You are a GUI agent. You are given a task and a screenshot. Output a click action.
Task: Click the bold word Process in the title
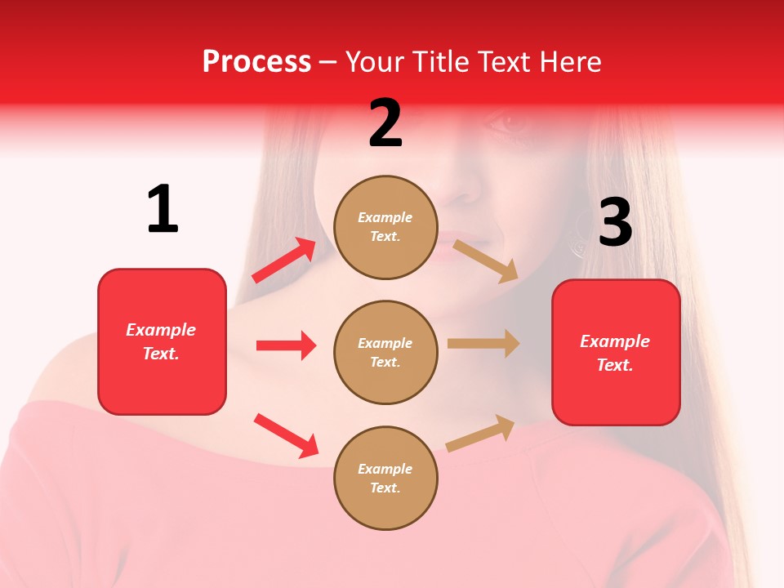click(x=256, y=62)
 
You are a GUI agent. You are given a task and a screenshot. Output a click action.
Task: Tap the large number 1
click(x=163, y=210)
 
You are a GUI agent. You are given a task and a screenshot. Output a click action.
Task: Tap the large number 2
click(x=385, y=123)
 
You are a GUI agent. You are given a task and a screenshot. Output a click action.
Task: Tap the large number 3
click(x=615, y=222)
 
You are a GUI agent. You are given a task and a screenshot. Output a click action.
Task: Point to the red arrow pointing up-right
click(x=284, y=261)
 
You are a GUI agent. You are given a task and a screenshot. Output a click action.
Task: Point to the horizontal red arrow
click(x=286, y=345)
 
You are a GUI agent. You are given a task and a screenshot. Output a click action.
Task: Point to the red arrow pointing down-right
click(x=286, y=435)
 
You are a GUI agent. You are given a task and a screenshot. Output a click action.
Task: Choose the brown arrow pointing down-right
click(x=486, y=261)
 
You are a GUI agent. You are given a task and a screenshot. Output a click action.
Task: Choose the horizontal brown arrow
click(x=483, y=344)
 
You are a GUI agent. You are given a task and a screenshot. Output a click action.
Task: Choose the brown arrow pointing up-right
click(x=481, y=434)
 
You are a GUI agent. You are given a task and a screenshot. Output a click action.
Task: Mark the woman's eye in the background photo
click(x=513, y=123)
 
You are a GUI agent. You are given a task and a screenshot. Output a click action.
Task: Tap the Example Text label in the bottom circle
click(x=385, y=479)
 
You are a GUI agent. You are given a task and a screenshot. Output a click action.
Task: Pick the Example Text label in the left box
click(x=161, y=341)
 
